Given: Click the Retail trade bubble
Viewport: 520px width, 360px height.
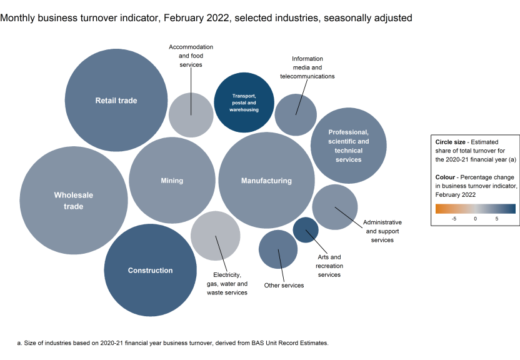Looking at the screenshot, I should click(x=116, y=100).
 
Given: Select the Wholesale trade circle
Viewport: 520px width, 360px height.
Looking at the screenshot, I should click(x=74, y=200).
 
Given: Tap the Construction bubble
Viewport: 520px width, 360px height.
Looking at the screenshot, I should click(x=151, y=271).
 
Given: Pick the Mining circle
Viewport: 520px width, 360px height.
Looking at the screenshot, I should click(x=172, y=181).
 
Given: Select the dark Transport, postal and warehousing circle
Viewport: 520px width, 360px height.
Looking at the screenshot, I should click(x=244, y=102).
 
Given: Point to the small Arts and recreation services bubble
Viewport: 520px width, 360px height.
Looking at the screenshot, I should click(x=306, y=230).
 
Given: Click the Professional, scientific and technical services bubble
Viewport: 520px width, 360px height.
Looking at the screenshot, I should click(x=348, y=146).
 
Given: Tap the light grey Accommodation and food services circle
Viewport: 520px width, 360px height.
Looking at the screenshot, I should click(x=191, y=114).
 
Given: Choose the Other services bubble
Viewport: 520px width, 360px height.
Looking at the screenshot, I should click(x=278, y=249).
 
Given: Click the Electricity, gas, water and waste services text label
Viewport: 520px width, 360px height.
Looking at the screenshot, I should click(x=227, y=284).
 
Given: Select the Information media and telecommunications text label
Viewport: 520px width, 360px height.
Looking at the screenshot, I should click(x=307, y=67).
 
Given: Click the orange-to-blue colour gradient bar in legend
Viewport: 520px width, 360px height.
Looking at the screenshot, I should click(x=476, y=209).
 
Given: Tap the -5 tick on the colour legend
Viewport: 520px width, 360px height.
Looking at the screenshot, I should click(x=454, y=219).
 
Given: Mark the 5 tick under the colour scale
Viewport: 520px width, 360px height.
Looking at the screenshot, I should click(x=497, y=219).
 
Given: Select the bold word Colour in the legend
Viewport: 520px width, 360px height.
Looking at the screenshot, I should click(x=447, y=177).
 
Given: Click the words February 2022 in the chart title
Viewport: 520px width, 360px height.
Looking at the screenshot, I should click(x=195, y=18).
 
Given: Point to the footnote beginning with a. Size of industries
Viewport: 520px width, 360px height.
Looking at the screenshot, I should click(x=172, y=343).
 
